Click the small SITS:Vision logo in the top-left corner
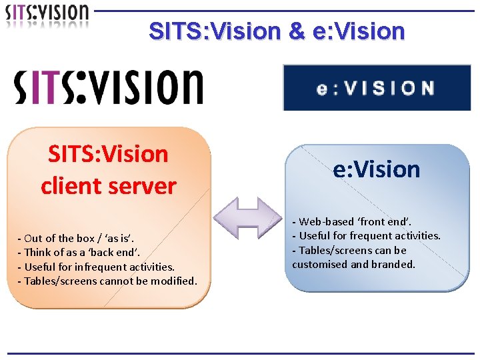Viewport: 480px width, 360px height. click(x=47, y=15)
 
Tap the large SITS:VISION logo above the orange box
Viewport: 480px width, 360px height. click(x=109, y=87)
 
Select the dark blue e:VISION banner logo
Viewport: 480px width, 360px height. click(x=377, y=87)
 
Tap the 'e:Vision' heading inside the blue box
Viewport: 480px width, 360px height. click(x=377, y=169)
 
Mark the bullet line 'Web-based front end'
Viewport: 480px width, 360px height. click(x=353, y=221)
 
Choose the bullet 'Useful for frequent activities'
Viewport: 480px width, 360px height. click(x=367, y=235)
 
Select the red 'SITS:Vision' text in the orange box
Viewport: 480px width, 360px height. click(x=108, y=154)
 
